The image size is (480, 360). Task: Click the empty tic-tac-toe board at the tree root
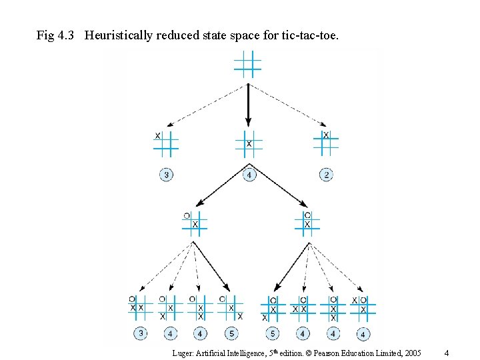[247, 64]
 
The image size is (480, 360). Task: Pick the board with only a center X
[249, 143]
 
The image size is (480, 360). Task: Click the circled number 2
[326, 175]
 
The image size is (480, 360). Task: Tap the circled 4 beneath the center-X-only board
[249, 175]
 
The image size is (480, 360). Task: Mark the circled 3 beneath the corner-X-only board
[166, 175]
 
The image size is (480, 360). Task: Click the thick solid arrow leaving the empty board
[248, 103]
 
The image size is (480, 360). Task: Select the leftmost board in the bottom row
[141, 307]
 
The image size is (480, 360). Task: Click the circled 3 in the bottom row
[141, 333]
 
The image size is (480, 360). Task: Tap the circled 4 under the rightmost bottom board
[363, 333]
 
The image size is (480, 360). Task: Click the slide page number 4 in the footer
[447, 352]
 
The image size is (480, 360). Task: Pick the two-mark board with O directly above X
[307, 221]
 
